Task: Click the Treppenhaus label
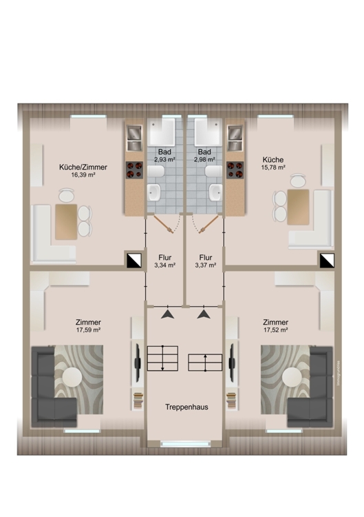186,407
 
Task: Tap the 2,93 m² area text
165,159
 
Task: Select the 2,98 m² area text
204,159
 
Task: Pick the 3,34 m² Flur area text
165,265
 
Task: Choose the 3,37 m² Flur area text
206,265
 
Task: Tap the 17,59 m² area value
89,330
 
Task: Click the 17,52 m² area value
275,330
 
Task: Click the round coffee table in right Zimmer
292,377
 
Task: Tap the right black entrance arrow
204,314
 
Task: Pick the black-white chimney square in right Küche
326,260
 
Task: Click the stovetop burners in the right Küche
236,170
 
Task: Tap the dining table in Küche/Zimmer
67,222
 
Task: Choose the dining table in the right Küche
298,206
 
